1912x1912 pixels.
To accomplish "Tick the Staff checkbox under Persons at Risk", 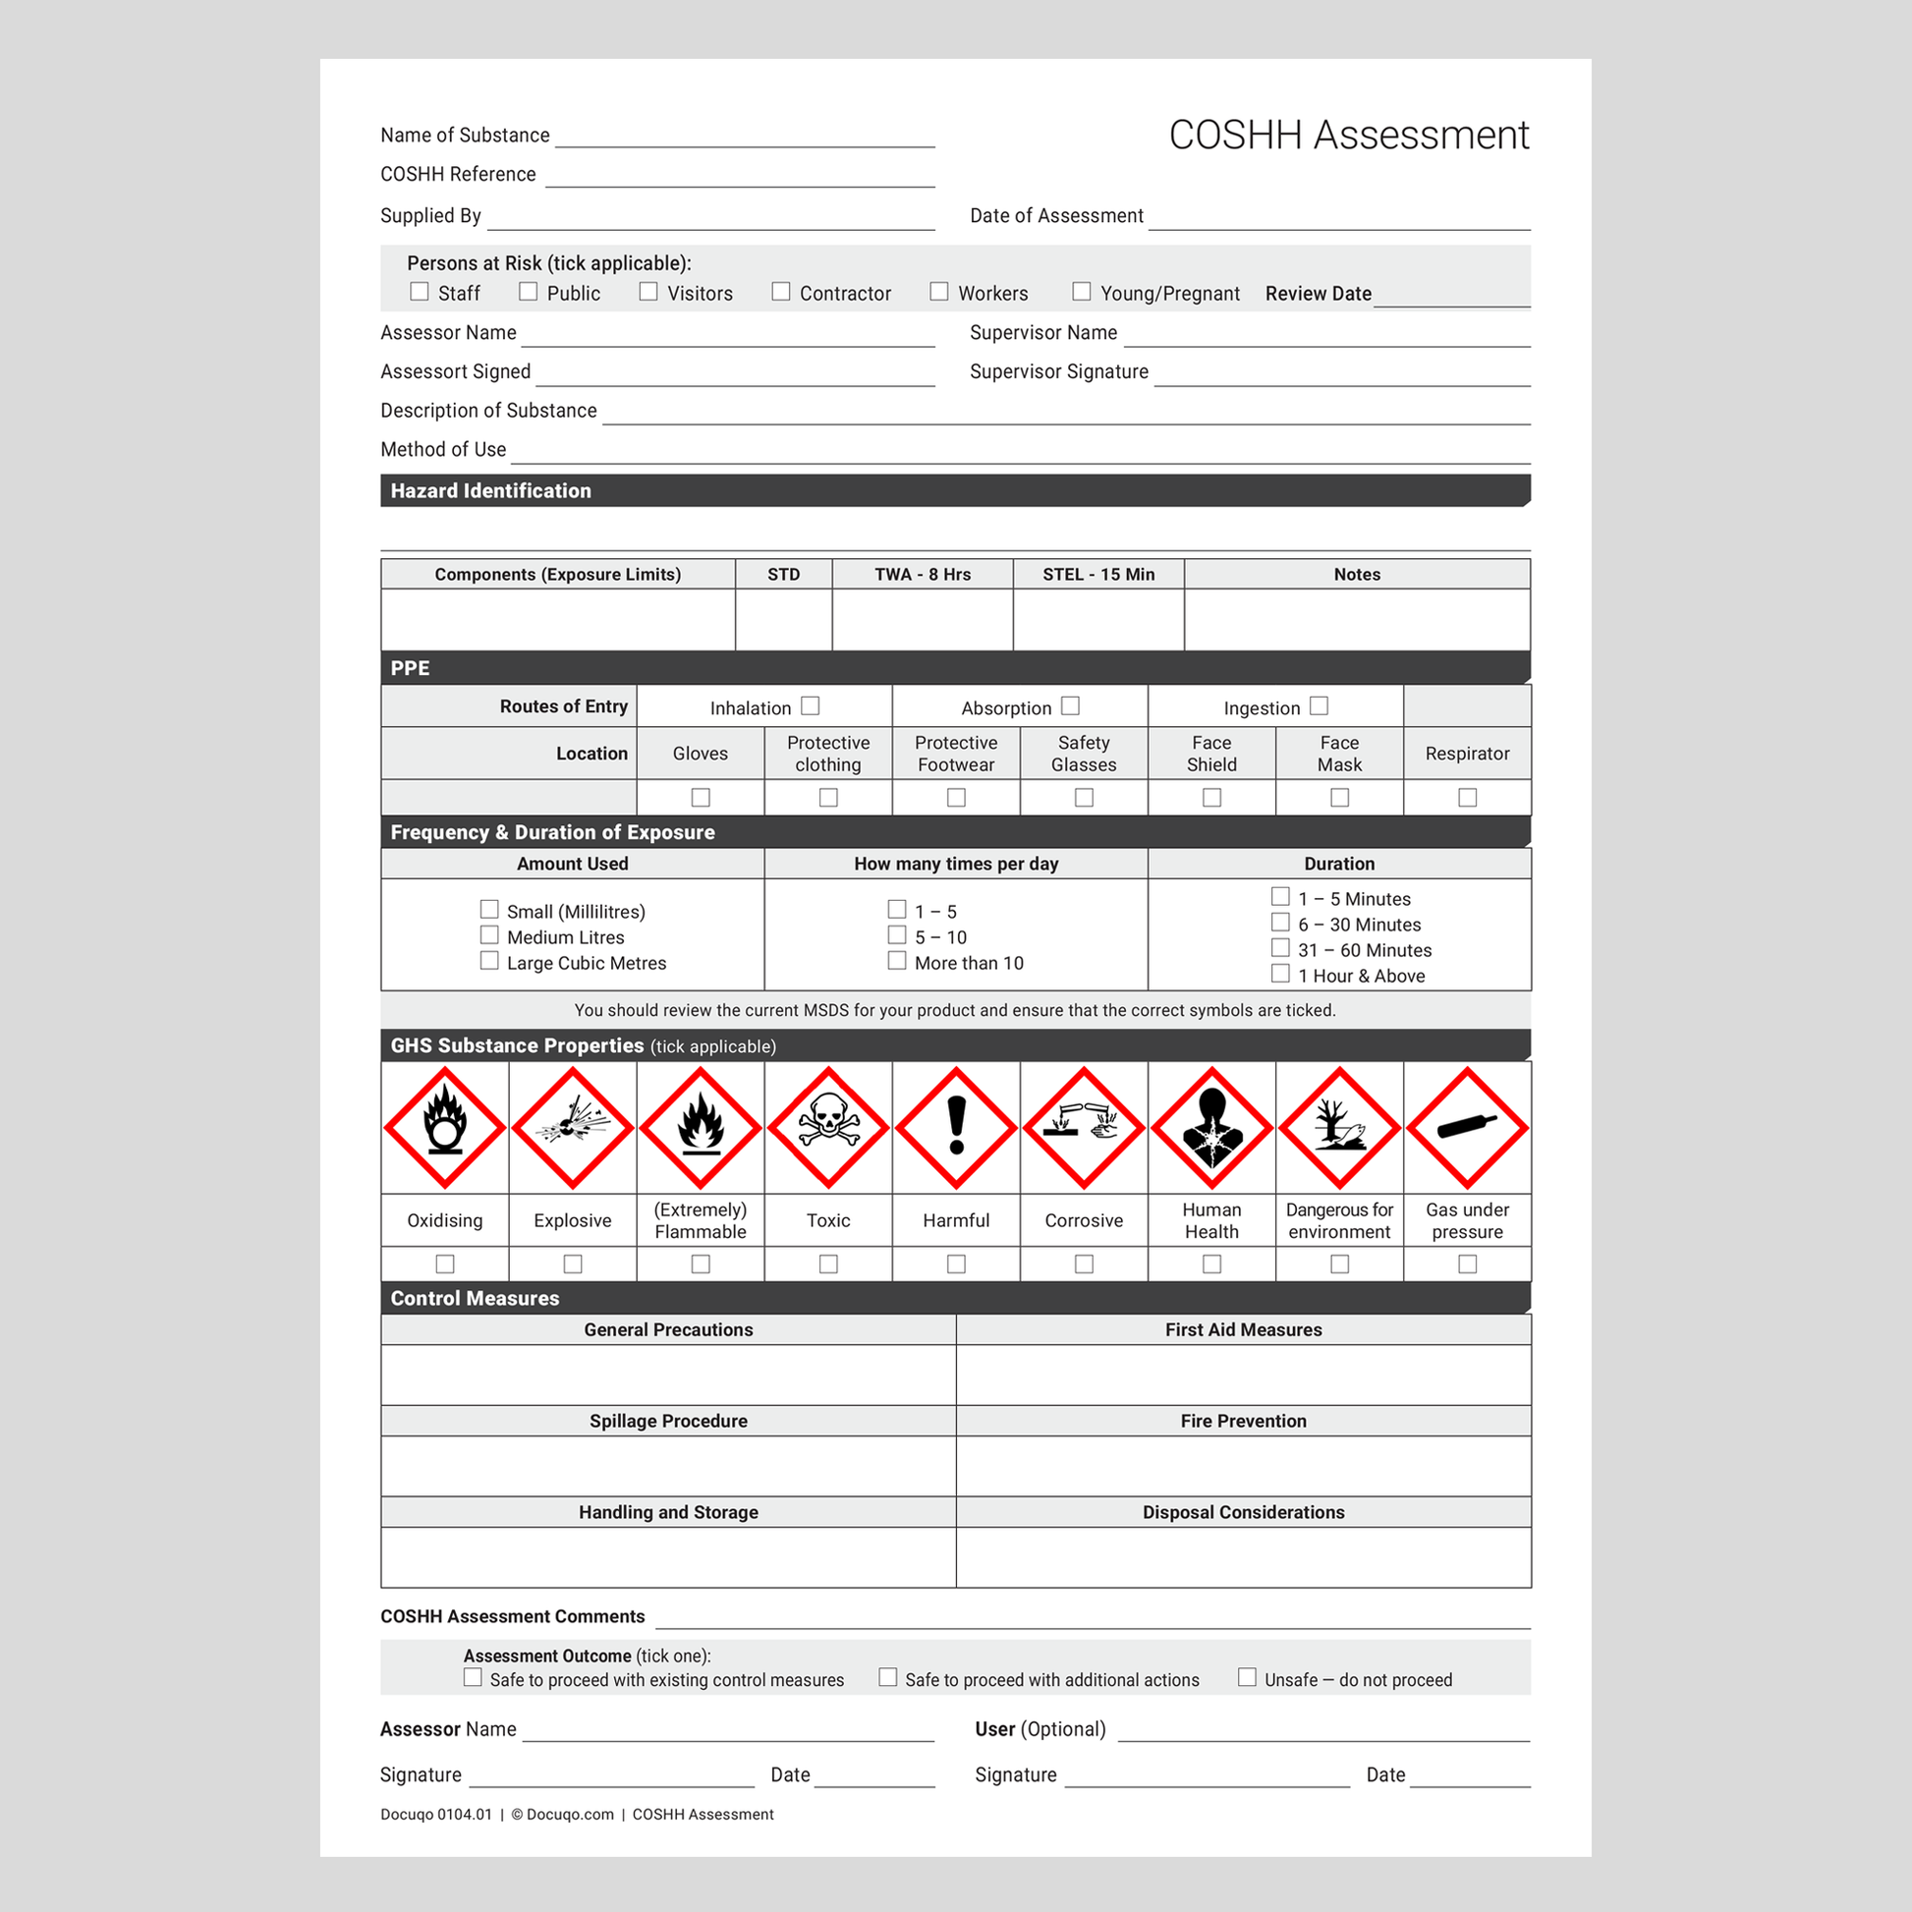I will tap(420, 292).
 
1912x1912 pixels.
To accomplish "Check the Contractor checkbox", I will tap(781, 292).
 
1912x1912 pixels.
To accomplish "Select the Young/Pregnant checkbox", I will tap(1082, 292).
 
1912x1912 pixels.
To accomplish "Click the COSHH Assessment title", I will tap(1349, 136).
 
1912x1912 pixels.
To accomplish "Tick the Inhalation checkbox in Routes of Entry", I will tap(811, 705).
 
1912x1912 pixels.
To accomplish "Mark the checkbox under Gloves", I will tap(701, 798).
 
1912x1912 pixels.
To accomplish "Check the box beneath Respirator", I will tap(1468, 798).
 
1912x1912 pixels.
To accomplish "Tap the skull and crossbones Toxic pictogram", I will tap(828, 1127).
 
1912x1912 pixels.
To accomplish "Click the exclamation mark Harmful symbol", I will tap(956, 1127).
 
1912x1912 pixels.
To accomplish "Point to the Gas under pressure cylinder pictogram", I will tap(1468, 1127).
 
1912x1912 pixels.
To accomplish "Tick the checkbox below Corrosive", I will tap(1084, 1264).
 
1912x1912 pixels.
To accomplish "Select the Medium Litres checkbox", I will tap(489, 935).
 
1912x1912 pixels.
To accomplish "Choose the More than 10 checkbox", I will tap(897, 961).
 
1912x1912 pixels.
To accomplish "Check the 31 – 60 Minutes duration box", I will tap(1280, 948).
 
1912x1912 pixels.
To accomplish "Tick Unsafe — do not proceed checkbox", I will tap(1247, 1677).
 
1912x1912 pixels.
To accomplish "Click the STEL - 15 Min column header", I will tap(1098, 574).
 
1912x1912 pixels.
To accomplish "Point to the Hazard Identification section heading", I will tap(491, 491).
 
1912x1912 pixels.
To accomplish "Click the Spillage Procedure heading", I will tap(668, 1421).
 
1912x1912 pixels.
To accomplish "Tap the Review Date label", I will tap(1319, 294).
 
